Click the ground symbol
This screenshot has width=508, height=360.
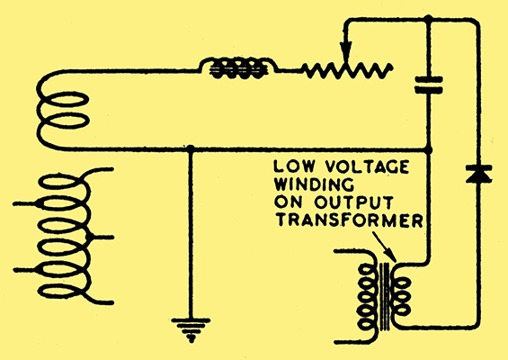tap(191, 328)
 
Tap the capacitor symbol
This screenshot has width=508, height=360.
tap(429, 85)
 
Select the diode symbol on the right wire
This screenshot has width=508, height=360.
tap(478, 174)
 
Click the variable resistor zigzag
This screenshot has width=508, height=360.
tap(348, 70)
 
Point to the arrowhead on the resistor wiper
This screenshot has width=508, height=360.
tap(346, 51)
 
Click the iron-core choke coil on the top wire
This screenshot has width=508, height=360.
tap(238, 68)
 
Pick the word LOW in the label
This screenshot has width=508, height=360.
tap(294, 166)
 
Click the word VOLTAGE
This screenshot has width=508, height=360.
tap(367, 166)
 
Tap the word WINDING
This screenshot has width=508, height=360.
tap(315, 184)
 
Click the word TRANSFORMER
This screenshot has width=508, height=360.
tap(350, 220)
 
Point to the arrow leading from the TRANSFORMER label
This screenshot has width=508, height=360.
tap(385, 247)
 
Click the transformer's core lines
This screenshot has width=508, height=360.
tap(385, 296)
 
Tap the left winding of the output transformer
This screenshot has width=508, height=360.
tap(367, 296)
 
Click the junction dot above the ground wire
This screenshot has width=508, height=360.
tap(191, 148)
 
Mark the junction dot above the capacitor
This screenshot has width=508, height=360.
tap(428, 19)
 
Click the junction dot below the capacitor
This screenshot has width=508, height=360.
tap(428, 150)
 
